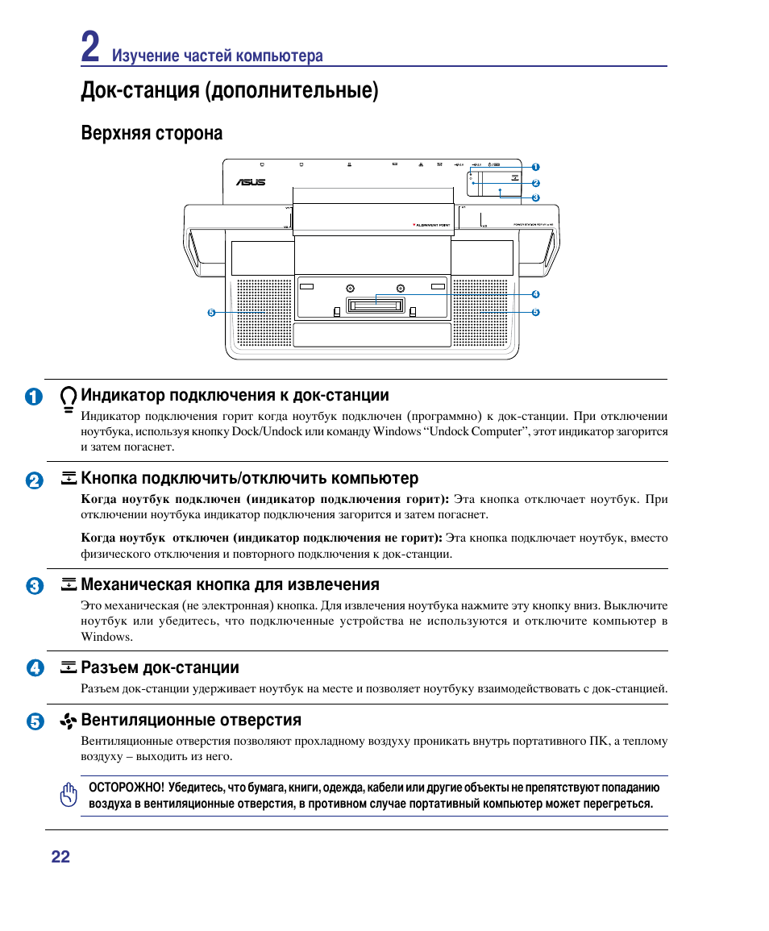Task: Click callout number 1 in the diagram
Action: click(534, 167)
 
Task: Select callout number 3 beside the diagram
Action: click(534, 197)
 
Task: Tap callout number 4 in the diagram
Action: click(534, 294)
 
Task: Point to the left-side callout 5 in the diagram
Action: click(211, 312)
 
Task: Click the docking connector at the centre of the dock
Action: click(374, 305)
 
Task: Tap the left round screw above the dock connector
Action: click(349, 289)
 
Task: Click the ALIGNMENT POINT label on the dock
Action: click(430, 225)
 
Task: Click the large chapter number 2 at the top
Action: click(91, 48)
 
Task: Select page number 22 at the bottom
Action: click(60, 857)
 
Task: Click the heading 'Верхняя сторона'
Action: click(152, 133)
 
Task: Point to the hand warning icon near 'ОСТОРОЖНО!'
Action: click(69, 795)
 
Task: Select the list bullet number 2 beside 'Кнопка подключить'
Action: click(34, 480)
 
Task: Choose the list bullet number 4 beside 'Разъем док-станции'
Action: click(34, 668)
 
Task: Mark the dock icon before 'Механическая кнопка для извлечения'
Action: click(69, 584)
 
